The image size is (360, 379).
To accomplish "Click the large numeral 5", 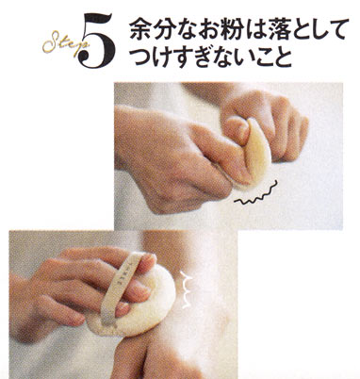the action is pyautogui.click(x=96, y=41).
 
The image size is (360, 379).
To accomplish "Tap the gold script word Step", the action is pyautogui.click(x=64, y=44).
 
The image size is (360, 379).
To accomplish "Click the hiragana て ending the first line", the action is pyautogui.click(x=337, y=29).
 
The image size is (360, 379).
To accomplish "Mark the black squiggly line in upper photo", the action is pyautogui.click(x=257, y=195).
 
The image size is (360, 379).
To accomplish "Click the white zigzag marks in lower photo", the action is pyautogui.click(x=186, y=289).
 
